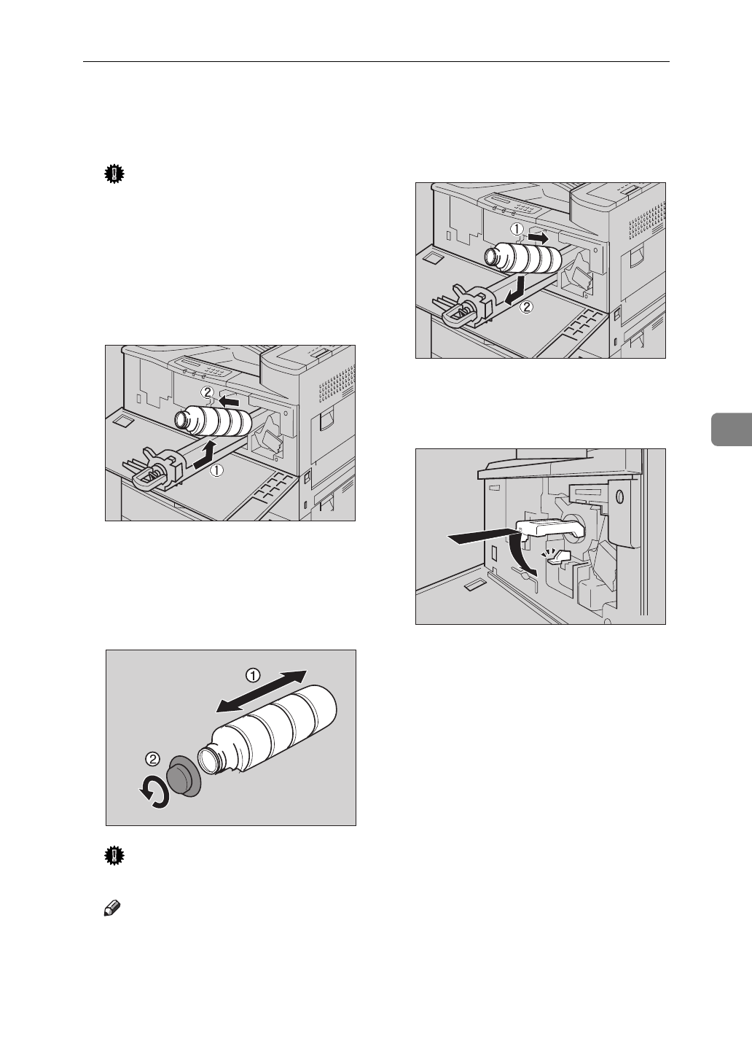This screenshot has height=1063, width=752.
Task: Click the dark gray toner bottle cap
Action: [x=183, y=776]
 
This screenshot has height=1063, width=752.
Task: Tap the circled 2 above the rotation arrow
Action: [x=152, y=758]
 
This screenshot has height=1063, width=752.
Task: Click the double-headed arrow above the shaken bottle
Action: [x=261, y=690]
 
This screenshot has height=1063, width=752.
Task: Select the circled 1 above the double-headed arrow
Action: [x=253, y=675]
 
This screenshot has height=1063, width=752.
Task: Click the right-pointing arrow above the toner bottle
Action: [x=538, y=238]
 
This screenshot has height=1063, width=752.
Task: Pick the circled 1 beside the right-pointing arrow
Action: [x=517, y=228]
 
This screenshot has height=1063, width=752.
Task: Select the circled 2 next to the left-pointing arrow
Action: [x=208, y=392]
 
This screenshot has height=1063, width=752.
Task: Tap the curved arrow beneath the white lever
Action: [x=526, y=554]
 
